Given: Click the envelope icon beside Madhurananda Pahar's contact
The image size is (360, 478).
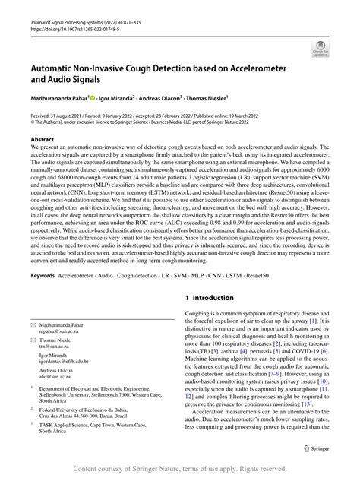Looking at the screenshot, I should [x=34, y=323].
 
